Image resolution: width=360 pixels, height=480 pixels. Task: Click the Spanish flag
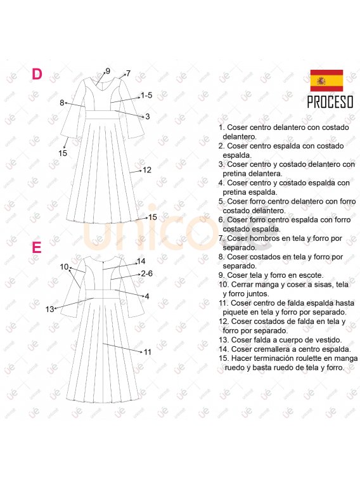click(326, 81)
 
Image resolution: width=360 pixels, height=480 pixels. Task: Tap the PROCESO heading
click(330, 102)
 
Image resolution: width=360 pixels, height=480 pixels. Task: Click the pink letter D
click(37, 74)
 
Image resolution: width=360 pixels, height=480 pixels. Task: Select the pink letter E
click(36, 247)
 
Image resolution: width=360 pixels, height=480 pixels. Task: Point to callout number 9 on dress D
click(108, 71)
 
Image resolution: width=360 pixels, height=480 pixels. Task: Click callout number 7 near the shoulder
click(129, 74)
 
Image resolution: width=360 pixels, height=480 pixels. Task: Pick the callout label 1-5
click(146, 95)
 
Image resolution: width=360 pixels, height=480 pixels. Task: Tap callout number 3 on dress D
click(148, 117)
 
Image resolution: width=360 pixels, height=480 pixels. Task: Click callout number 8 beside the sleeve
click(61, 103)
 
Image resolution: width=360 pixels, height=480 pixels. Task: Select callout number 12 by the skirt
click(147, 170)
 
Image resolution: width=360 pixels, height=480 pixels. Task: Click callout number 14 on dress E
click(141, 261)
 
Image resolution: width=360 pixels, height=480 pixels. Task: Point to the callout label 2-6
click(146, 273)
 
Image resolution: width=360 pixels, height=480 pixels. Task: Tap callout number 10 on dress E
click(64, 267)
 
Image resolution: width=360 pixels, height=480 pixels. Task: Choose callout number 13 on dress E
click(49, 309)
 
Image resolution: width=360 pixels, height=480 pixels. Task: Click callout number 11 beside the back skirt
click(148, 352)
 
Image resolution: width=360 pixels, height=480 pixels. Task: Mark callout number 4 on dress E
click(147, 296)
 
